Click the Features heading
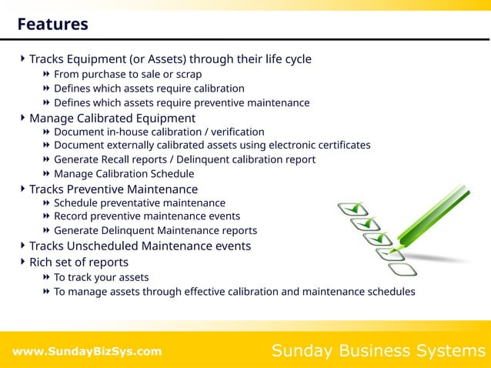(x=52, y=25)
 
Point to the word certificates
(x=339, y=146)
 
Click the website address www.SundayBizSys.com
(x=87, y=352)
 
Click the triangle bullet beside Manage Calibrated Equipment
(x=22, y=118)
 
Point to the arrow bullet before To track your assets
(x=47, y=277)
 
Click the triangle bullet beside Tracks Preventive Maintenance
(x=22, y=189)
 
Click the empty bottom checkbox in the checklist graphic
(x=402, y=269)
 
